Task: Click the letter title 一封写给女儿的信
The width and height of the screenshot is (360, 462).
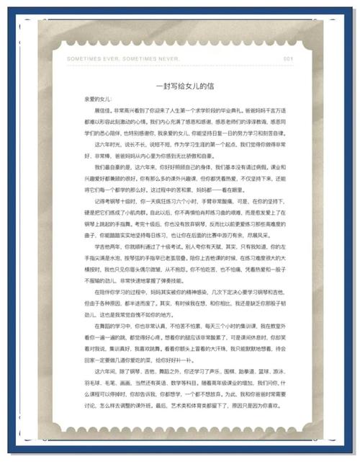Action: pyautogui.click(x=179, y=85)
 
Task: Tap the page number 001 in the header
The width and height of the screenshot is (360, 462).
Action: pyautogui.click(x=288, y=58)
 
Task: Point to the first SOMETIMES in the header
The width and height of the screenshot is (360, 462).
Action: pyautogui.click(x=83, y=58)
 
